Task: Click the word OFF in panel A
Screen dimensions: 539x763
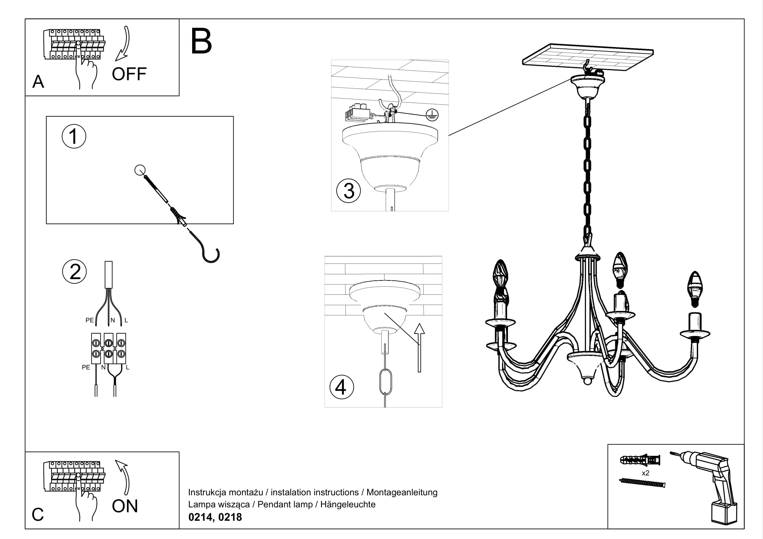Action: (129, 74)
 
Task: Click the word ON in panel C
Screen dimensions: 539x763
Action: (125, 506)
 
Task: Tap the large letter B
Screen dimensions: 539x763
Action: (201, 41)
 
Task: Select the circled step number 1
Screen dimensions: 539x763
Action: (74, 136)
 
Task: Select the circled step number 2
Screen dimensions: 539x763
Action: (74, 272)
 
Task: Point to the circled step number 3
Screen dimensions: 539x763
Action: (348, 191)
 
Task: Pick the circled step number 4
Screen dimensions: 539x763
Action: (341, 387)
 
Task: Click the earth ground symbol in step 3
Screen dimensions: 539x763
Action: (432, 115)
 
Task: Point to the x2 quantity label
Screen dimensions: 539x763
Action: (645, 473)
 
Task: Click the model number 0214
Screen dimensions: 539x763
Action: (200, 517)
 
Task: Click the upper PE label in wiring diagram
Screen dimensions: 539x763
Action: (89, 321)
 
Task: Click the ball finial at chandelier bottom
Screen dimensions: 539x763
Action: (588, 381)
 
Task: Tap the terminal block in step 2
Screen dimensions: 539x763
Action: (109, 348)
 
